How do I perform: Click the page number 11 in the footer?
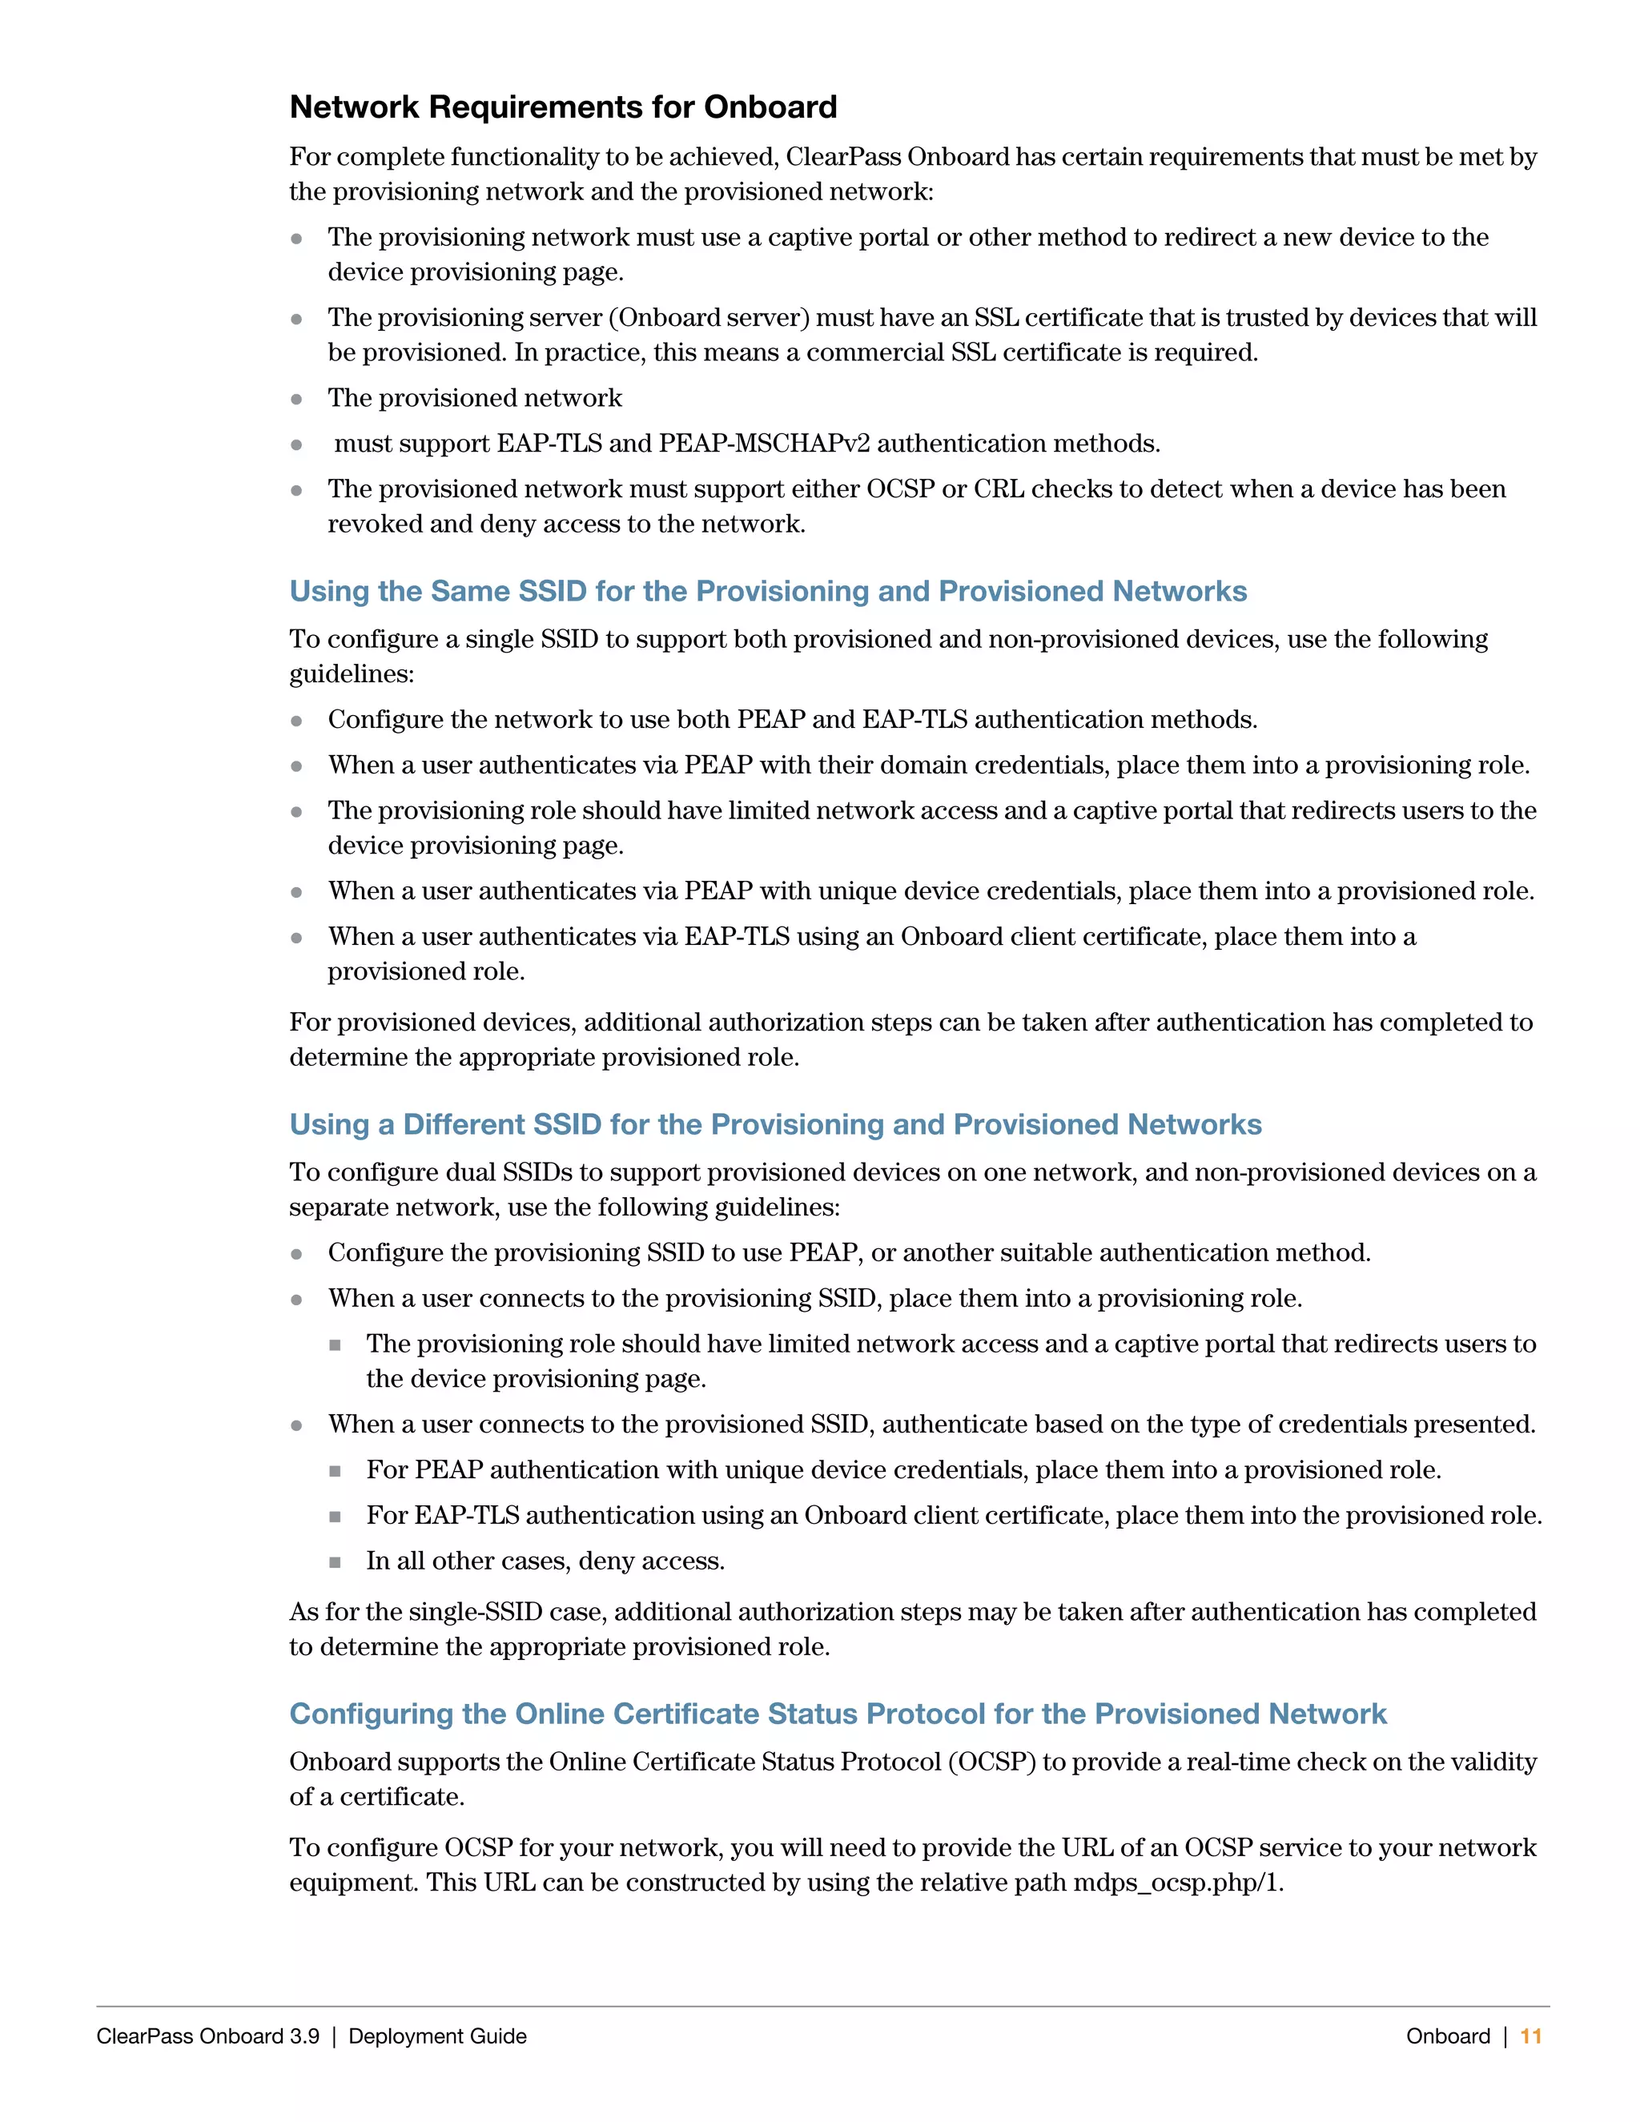tap(1530, 2036)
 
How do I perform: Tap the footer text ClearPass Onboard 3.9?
tap(208, 2036)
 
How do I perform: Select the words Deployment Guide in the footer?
tap(437, 2036)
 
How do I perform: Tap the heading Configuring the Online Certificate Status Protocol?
tap(837, 1713)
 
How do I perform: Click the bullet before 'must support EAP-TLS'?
tap(296, 445)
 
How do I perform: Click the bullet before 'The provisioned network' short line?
tap(296, 400)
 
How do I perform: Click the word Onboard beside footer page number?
tap(1447, 2036)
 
